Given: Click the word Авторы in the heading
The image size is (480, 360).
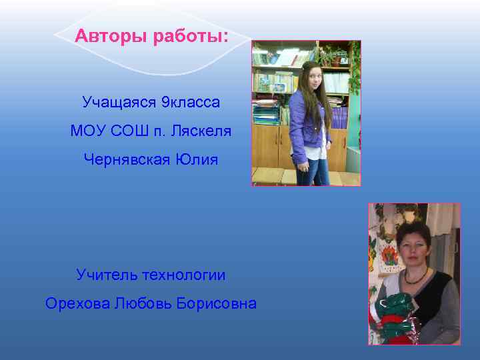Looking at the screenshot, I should [111, 36].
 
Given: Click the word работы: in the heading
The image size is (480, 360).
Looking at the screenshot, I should [191, 36].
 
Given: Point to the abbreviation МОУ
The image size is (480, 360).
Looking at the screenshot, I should [89, 131].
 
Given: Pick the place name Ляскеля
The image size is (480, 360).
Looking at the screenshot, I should [201, 131].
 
